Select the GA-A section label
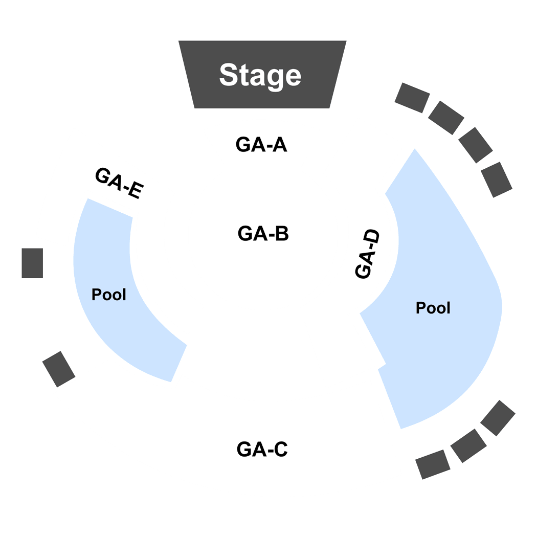261,145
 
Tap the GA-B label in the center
263,234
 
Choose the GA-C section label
262,449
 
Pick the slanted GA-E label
119,183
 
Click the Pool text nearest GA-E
109,295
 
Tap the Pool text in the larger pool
433,308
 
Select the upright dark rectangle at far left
32,263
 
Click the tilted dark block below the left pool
59,369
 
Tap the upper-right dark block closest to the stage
412,98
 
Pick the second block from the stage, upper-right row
446,118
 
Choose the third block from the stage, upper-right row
475,145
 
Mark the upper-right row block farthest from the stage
497,180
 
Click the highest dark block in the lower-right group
498,418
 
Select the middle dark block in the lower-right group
468,446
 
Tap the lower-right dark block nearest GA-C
433,464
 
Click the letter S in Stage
229,75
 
